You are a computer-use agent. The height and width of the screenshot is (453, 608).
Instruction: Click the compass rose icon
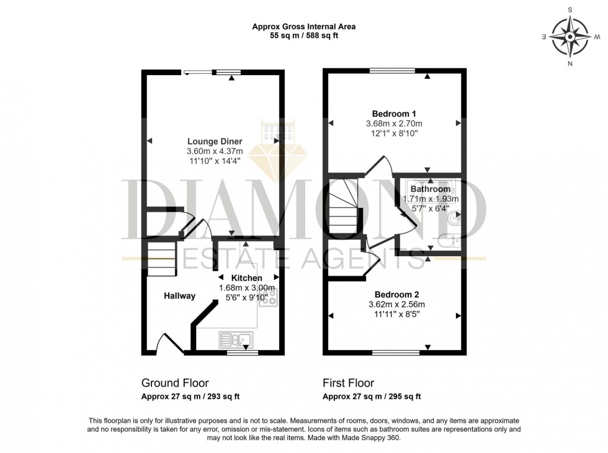(x=570, y=37)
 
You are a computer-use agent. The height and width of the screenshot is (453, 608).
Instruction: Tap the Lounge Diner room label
(x=214, y=141)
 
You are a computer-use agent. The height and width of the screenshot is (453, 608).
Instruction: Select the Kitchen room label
(x=247, y=277)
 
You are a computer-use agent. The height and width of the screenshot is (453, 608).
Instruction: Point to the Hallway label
(x=180, y=296)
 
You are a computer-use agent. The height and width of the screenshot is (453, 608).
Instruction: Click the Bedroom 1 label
(x=394, y=114)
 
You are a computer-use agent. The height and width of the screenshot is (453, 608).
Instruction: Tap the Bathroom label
(x=430, y=189)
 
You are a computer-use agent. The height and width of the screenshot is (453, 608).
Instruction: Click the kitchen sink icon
(x=235, y=339)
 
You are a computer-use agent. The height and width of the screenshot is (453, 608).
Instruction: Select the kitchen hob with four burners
(x=270, y=299)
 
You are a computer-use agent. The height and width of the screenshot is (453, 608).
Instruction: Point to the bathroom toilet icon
(x=449, y=240)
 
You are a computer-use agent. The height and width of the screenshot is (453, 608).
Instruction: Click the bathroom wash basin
(x=457, y=218)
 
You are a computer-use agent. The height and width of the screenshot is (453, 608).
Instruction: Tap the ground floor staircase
(x=161, y=259)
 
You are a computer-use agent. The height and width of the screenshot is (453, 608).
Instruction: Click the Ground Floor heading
(x=175, y=383)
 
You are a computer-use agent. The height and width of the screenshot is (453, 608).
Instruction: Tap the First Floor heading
(x=348, y=383)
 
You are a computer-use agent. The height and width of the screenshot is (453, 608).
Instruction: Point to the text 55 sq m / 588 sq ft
(x=304, y=36)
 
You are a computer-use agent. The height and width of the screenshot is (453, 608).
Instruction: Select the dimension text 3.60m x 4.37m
(x=214, y=151)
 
